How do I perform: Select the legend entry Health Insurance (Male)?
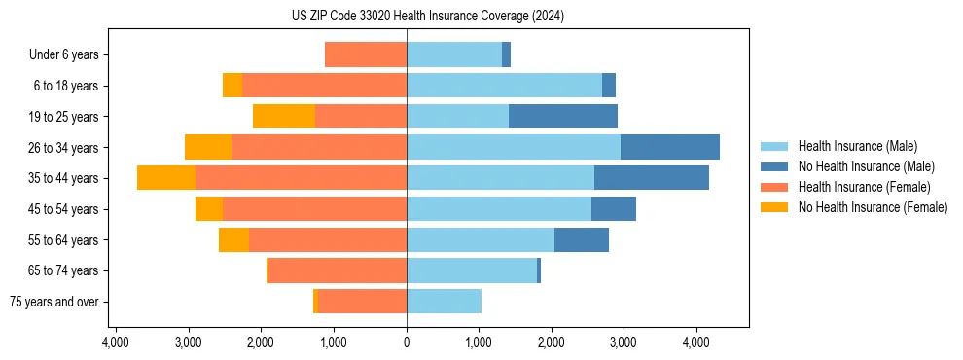(x=856, y=146)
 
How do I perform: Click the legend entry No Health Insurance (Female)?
(x=873, y=207)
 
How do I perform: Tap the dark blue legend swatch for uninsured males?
(x=774, y=166)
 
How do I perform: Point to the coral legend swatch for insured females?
(x=774, y=187)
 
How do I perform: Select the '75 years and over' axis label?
(x=54, y=302)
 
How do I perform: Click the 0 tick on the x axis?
(x=407, y=342)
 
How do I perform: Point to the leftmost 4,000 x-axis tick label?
(x=116, y=342)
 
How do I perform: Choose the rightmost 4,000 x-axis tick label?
(x=696, y=342)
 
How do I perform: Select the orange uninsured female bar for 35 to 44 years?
(x=166, y=178)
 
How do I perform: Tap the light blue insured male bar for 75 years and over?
(x=444, y=302)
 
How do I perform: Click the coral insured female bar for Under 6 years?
(x=366, y=55)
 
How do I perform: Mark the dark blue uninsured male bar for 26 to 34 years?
(x=670, y=147)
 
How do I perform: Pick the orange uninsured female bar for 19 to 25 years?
(x=284, y=117)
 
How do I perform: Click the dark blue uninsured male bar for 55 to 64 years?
(x=582, y=239)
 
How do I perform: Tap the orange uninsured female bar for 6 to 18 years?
(x=232, y=86)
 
